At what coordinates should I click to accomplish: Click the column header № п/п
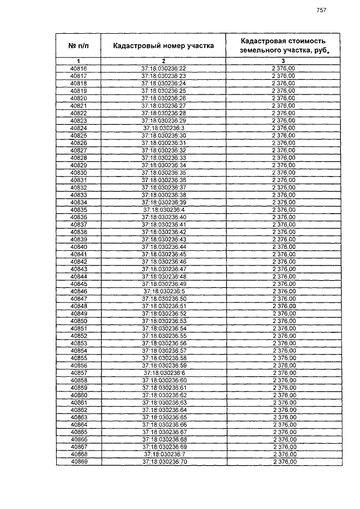coord(79,45)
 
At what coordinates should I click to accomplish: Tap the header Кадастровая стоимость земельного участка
coord(283,45)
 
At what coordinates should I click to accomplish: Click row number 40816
coord(79,68)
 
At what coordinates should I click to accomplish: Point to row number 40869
coord(79,462)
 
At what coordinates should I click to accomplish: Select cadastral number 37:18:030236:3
coord(164,128)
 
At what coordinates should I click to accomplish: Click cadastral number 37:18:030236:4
coord(164,210)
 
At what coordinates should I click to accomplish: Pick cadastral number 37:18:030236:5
coord(164,291)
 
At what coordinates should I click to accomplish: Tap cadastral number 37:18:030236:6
coord(164,373)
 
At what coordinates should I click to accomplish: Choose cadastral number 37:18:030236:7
coord(164,454)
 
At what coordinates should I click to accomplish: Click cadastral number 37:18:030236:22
coord(164,68)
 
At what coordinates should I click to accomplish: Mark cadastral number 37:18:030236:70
coord(164,462)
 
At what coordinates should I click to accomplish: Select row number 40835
coord(79,210)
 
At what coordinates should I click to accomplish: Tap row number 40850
coord(79,321)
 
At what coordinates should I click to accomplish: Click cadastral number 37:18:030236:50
coord(164,299)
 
